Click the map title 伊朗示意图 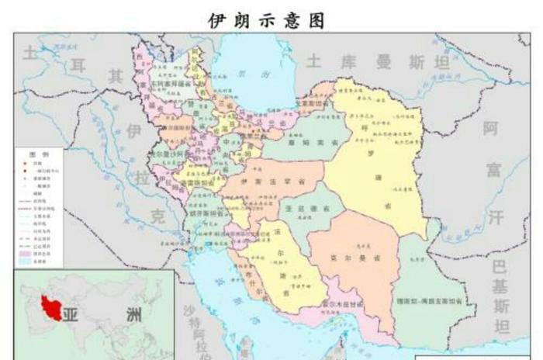pos(266,20)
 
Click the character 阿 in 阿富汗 pos(490,129)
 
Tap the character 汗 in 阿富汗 pos(496,216)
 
